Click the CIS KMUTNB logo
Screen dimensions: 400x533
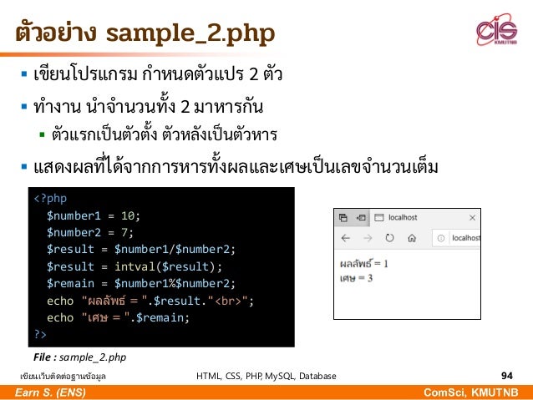pos(497,32)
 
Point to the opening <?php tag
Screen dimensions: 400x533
pos(51,199)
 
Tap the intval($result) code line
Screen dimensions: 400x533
pos(135,266)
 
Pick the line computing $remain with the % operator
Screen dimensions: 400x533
pos(141,283)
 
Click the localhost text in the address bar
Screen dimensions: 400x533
pos(464,239)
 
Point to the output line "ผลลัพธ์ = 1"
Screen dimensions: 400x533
pos(364,264)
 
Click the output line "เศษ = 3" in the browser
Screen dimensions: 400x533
pos(356,277)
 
